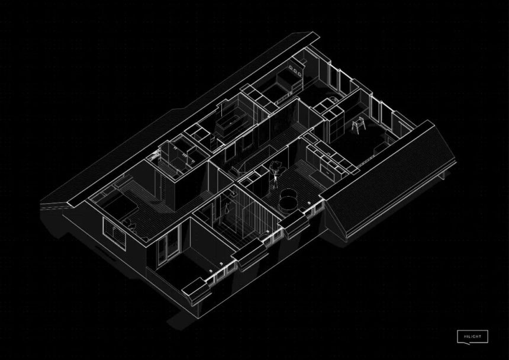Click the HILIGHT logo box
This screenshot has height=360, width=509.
472,337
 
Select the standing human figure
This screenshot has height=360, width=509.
276,173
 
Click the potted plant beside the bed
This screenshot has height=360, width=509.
129,223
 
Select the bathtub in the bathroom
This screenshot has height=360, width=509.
227,126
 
